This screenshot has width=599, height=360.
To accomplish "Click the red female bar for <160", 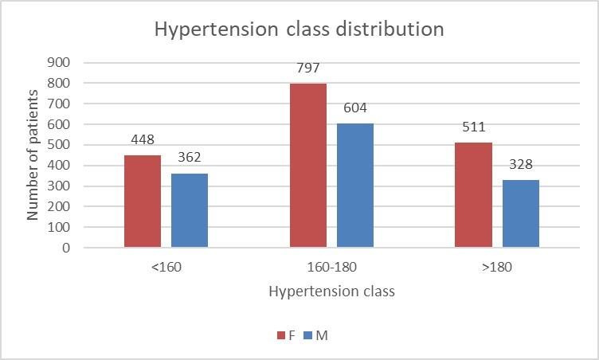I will click(x=143, y=201).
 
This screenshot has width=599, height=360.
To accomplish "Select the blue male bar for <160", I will click(x=190, y=210).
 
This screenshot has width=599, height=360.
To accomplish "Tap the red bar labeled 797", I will click(x=308, y=165).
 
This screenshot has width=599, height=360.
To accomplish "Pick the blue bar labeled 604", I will click(x=354, y=185).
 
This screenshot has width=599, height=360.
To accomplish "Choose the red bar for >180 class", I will click(x=473, y=194).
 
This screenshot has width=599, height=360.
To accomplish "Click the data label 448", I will click(x=143, y=141).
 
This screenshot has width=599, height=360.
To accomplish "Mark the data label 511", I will click(x=473, y=127).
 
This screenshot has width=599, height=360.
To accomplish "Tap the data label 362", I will click(x=190, y=158).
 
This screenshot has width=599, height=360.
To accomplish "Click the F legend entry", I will click(x=287, y=335).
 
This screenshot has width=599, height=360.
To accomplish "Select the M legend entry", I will click(x=316, y=335).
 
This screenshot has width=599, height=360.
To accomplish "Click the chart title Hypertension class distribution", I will click(x=299, y=29).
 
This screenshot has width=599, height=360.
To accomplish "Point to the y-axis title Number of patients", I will click(x=33, y=155).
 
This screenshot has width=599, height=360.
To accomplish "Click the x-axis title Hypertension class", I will click(x=331, y=291).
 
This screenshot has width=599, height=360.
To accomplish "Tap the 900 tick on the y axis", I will click(x=60, y=62).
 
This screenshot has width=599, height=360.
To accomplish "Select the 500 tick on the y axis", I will click(x=60, y=145).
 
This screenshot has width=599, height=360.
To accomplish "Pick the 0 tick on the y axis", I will click(x=66, y=248).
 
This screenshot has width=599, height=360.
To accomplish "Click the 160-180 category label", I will click(x=331, y=266).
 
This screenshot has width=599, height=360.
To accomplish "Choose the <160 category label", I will click(x=166, y=266).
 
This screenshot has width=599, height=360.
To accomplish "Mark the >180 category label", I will click(x=497, y=266).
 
